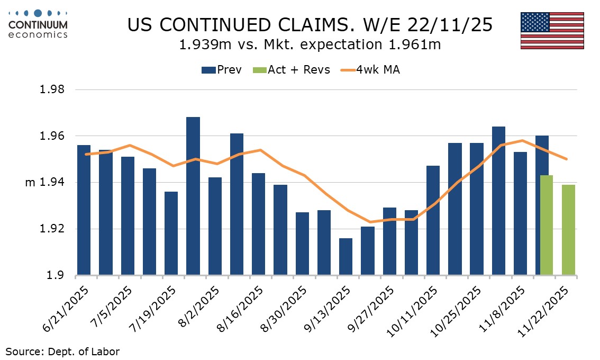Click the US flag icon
[552, 30]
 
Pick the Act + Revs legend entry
[292, 70]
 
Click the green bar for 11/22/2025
[568, 230]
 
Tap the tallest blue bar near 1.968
[193, 196]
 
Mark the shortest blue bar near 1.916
[346, 257]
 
